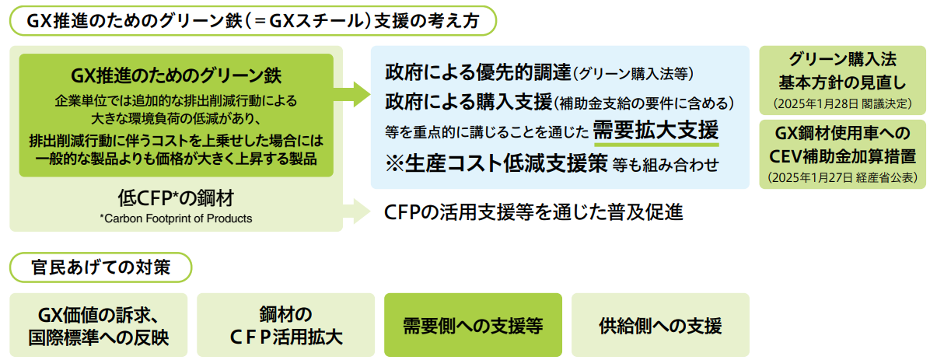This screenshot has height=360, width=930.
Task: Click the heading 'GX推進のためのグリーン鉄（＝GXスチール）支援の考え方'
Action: pos(253,21)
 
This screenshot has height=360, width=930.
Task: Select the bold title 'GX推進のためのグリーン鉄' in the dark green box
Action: pos(177,75)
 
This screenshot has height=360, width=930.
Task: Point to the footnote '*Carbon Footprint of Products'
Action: pos(177,218)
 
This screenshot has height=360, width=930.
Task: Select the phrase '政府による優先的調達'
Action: pos(477,73)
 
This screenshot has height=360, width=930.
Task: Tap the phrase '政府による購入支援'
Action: pos(468,102)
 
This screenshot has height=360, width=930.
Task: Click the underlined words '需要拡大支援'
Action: pos(656,130)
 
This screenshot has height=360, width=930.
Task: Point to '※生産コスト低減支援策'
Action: pos(496,163)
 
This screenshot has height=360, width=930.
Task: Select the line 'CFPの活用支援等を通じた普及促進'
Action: pos(533,211)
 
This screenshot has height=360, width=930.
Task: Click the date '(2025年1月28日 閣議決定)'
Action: pos(842,103)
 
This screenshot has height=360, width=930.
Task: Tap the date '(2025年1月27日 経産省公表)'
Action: pos(842,177)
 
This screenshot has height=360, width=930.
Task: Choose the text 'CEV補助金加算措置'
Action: pos(842,156)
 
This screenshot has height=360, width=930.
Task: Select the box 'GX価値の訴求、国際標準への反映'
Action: pos(99,325)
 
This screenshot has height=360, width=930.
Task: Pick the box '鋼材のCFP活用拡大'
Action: pos(286,325)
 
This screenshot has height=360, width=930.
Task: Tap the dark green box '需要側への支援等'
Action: pos(473,325)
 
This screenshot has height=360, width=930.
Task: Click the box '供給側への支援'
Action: pos(660,325)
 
